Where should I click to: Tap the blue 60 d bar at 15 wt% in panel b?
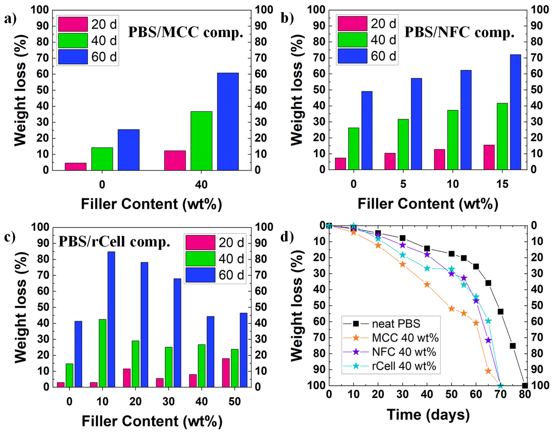pos(515,112)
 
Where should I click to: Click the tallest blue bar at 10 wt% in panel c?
pos(111,319)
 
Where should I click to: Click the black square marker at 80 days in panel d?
pos(525,386)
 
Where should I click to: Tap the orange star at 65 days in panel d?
pos(488,371)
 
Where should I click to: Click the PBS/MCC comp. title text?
pos(185,32)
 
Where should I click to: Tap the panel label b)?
pos(287,18)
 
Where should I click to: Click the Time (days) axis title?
pos(428,415)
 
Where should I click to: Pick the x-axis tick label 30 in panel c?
pos(168,402)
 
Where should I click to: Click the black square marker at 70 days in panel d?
pos(500,311)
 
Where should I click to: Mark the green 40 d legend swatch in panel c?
pos(200,259)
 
